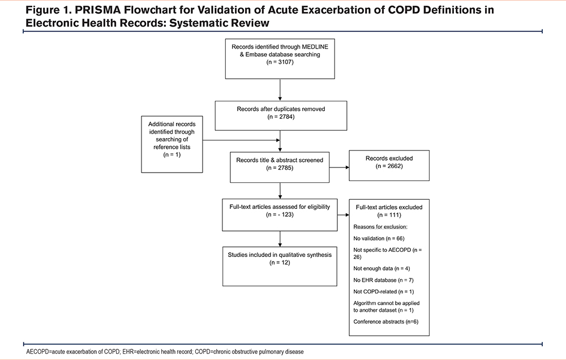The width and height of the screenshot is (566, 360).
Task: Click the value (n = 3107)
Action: [x=280, y=62]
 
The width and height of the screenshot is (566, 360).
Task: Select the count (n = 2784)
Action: [x=281, y=117]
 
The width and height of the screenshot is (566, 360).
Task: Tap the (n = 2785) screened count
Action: [x=280, y=168]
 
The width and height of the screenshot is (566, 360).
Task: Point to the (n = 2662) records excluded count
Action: [x=389, y=166]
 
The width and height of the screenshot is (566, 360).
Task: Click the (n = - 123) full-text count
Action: [x=280, y=215]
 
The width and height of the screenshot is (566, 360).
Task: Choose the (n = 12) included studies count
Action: [x=280, y=263]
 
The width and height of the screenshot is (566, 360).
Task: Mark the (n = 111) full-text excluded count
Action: [x=389, y=215]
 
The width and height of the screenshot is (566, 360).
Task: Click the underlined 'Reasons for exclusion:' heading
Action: [x=380, y=227]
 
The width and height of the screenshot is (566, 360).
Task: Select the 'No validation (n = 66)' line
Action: [x=379, y=238]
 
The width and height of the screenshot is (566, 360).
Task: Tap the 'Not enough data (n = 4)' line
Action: [x=381, y=268]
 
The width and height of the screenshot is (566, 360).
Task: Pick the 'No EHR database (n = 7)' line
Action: [x=383, y=280]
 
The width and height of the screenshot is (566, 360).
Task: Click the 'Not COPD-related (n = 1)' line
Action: [x=384, y=292]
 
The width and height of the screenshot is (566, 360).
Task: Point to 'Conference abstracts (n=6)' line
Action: [x=386, y=322]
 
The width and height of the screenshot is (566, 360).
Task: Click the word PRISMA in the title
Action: [x=97, y=10]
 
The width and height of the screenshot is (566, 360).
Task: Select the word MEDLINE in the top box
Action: [x=315, y=46]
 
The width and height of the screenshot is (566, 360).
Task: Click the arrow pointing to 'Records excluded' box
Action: [x=339, y=167]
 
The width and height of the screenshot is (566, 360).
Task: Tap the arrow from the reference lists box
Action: [x=241, y=140]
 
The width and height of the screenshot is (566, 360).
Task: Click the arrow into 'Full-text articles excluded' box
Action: [x=344, y=215]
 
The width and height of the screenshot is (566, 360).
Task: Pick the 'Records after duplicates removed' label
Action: [x=281, y=109]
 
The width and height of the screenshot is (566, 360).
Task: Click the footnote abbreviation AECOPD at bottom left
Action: [x=37, y=352]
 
